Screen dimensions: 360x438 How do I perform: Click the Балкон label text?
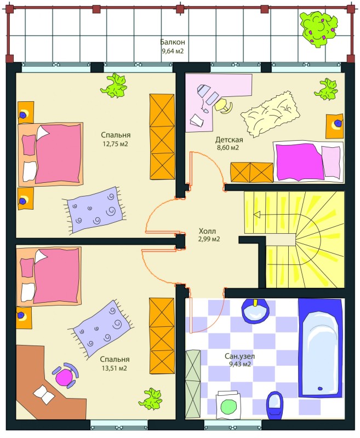[173, 42]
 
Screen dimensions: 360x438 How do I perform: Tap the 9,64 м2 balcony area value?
[173, 51]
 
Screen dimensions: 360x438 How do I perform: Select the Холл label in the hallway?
[207, 231]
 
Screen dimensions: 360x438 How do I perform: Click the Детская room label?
[229, 140]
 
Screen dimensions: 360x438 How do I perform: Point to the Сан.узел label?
[240, 356]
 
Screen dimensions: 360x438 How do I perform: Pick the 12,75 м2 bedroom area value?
[115, 144]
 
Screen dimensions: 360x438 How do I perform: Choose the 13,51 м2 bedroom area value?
[115, 368]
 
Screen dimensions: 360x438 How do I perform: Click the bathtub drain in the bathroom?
[320, 388]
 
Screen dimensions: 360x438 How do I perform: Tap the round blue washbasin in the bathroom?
[255, 311]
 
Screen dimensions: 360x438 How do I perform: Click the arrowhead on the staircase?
[257, 215]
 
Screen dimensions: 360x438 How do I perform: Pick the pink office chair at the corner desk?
[65, 376]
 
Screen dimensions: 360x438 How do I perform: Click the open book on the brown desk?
[44, 394]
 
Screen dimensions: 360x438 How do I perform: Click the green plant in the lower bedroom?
[151, 399]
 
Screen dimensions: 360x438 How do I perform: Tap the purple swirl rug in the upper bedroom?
[94, 210]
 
